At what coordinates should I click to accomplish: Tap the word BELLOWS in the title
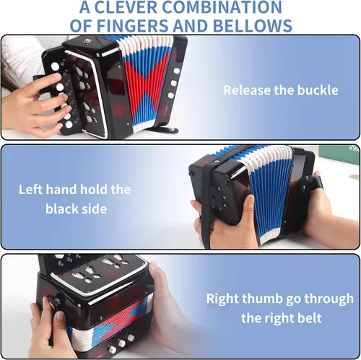[253, 26]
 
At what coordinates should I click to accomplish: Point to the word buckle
[318, 90]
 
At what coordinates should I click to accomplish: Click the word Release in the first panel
[247, 90]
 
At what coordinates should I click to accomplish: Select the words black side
[76, 208]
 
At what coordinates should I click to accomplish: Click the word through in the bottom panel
[329, 299]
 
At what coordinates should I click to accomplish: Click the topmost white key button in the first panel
[55, 66]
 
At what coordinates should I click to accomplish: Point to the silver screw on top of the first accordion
[86, 42]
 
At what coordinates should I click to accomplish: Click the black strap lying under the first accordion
[164, 130]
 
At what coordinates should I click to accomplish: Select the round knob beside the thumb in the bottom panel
[53, 302]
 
